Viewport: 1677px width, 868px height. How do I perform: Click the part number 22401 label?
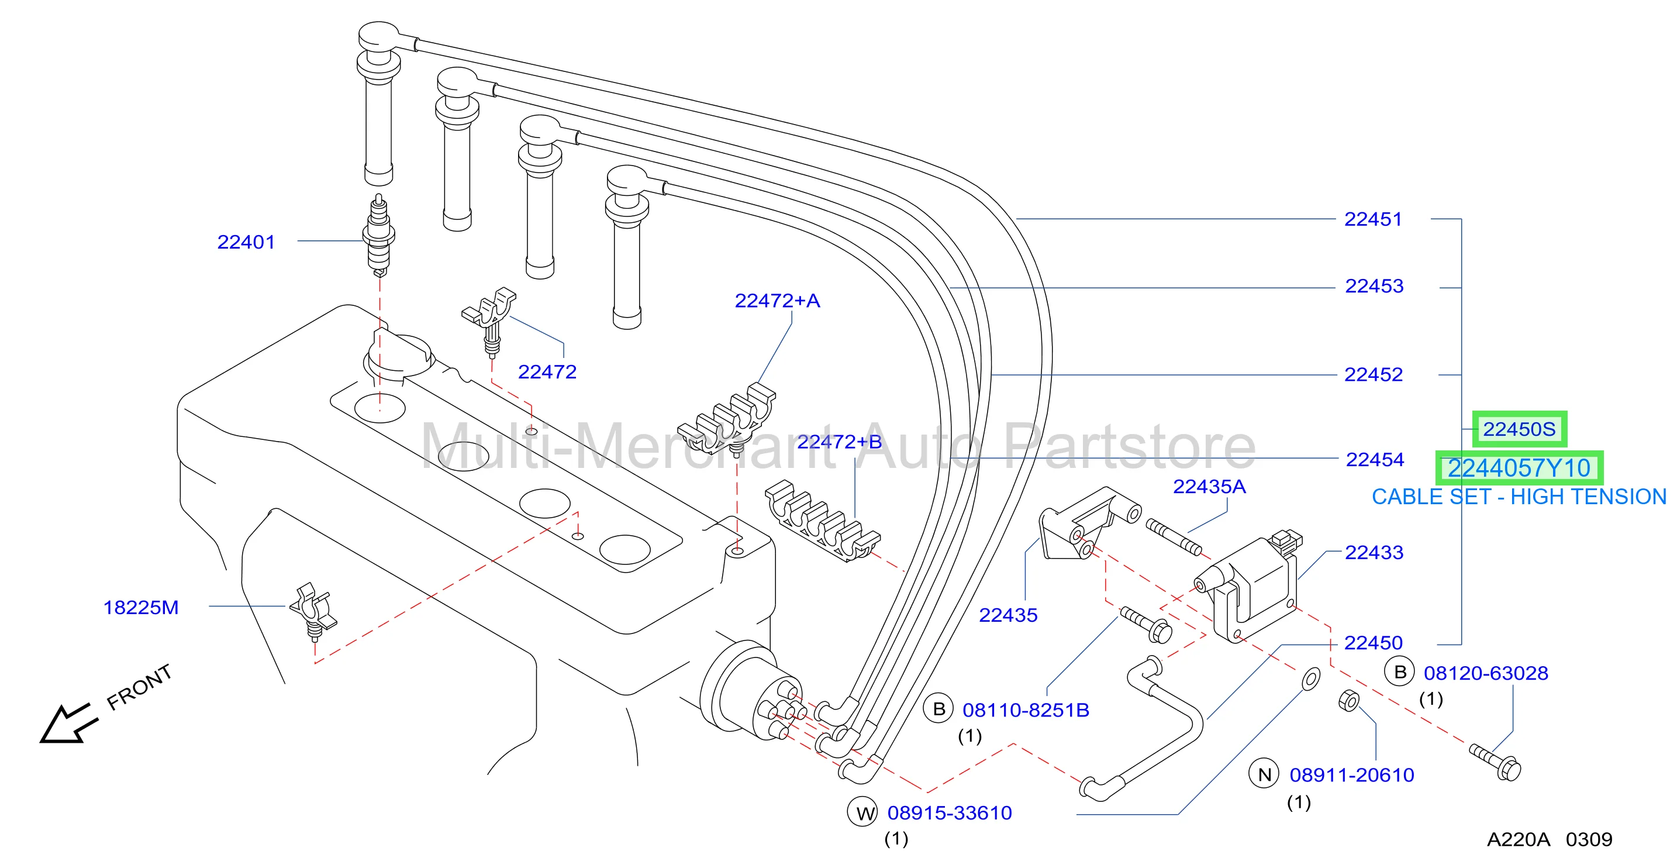246,242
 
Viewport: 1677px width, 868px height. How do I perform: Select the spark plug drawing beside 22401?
379,235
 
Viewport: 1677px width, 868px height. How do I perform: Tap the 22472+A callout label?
777,301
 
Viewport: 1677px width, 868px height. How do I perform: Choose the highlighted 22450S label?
1520,429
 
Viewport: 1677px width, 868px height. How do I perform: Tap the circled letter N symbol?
1264,774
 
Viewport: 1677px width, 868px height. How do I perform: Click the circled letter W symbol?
862,812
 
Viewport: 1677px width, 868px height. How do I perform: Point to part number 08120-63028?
1486,673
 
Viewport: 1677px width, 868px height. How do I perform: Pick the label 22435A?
1209,487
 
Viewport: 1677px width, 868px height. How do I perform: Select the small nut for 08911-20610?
1349,701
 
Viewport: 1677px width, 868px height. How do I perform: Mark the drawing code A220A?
1518,839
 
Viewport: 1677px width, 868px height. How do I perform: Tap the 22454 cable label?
1375,460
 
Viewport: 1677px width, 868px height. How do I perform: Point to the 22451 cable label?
1373,219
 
